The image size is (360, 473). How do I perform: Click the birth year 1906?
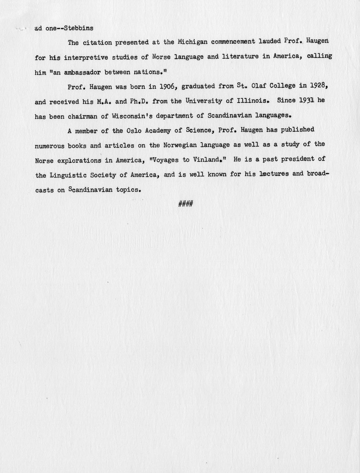tap(167, 86)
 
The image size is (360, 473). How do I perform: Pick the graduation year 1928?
tap(320, 85)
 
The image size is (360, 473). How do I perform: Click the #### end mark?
tap(186, 204)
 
